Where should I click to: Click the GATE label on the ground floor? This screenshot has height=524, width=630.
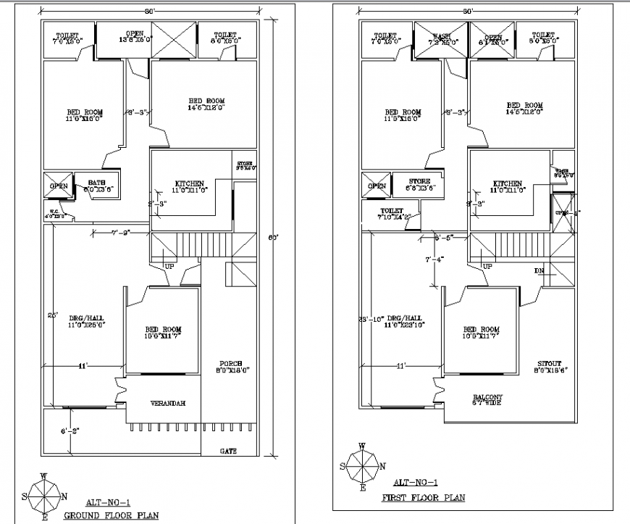tap(228, 451)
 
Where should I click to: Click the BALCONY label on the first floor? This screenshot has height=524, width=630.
tap(488, 397)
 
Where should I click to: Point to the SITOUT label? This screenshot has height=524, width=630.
tap(550, 364)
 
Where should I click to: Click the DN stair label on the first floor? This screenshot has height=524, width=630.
tap(539, 271)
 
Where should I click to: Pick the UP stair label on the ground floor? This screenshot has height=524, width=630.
tap(170, 267)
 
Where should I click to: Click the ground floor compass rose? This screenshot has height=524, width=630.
tap(44, 496)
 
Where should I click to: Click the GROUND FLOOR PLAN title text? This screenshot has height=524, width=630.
tap(112, 515)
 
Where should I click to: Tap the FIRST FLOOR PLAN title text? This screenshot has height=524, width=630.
tap(424, 497)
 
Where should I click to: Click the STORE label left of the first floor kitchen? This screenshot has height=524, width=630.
tap(419, 181)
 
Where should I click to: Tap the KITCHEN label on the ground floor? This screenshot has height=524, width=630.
tap(189, 183)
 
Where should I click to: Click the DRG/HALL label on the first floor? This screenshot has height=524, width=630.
tap(403, 317)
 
